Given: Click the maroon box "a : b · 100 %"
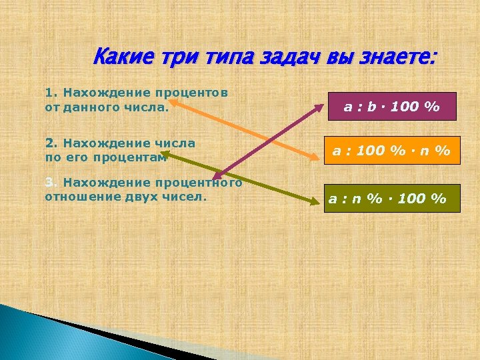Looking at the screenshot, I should pyautogui.click(x=391, y=106).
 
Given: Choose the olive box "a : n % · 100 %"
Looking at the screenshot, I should pyautogui.click(x=392, y=198).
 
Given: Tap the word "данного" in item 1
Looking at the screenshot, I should pyautogui.click(x=91, y=105).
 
